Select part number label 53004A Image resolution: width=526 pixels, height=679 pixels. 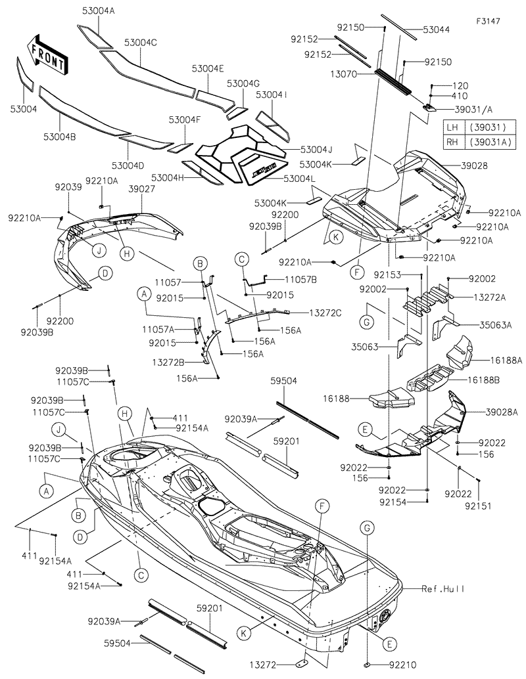pos(98,11)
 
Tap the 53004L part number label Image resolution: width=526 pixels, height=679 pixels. pos(300,179)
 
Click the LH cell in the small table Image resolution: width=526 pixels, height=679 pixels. pos(451,127)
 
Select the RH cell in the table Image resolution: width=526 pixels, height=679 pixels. pos(451,142)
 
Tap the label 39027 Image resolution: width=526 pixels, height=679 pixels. pos(141,188)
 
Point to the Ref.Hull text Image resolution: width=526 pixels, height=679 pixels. pos(443,589)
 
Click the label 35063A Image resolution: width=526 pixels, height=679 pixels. pos(495,324)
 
